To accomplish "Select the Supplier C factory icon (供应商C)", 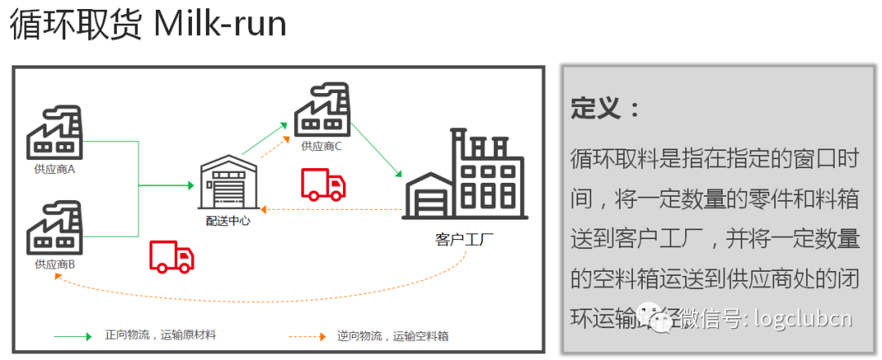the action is click(x=321, y=111).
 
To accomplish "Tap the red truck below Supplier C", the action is click(x=323, y=184).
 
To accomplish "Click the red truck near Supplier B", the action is click(x=172, y=256).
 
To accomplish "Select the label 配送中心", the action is click(x=228, y=220).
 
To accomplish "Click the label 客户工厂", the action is click(x=465, y=239).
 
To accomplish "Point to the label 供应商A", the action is click(x=55, y=170).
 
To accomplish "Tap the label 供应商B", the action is click(x=55, y=264).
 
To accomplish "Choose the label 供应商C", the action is click(x=321, y=147).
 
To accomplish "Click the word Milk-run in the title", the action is click(x=220, y=25).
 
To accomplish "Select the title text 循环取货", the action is click(x=76, y=25).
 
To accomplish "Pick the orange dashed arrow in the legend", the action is click(x=305, y=336).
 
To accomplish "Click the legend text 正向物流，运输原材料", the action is click(x=160, y=336).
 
